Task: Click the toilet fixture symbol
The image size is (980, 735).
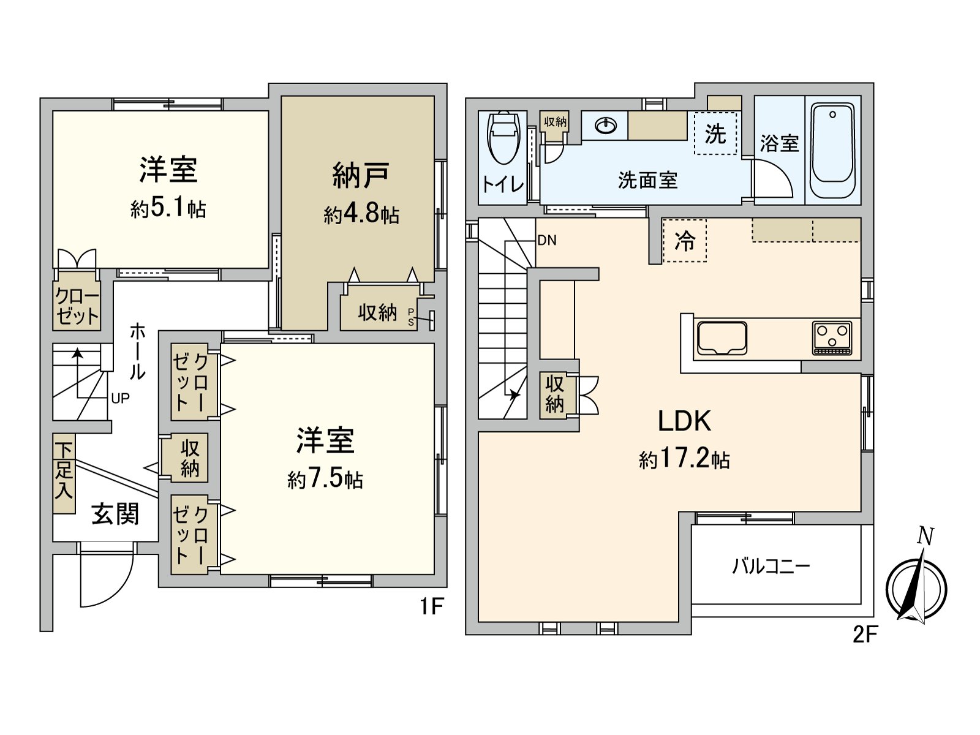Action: click(x=503, y=140)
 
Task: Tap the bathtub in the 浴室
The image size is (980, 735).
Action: click(x=832, y=149)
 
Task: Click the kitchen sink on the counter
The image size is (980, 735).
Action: click(x=722, y=338)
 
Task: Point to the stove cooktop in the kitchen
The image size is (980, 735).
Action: click(x=832, y=337)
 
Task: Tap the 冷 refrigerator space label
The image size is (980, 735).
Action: click(x=685, y=240)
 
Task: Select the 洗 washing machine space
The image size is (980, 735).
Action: click(x=715, y=133)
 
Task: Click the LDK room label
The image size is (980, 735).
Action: click(x=684, y=421)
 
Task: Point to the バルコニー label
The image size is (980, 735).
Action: click(x=771, y=565)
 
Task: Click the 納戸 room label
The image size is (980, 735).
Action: click(x=360, y=175)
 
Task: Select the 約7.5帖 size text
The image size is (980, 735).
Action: click(x=325, y=479)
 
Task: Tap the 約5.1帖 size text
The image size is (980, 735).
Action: click(x=168, y=209)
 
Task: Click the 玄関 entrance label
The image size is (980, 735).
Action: click(x=115, y=514)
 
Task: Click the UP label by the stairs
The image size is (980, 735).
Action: click(x=120, y=399)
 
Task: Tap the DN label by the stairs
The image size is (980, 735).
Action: click(x=547, y=241)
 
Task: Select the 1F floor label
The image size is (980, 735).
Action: click(x=431, y=606)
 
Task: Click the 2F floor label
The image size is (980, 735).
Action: click(x=865, y=635)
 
